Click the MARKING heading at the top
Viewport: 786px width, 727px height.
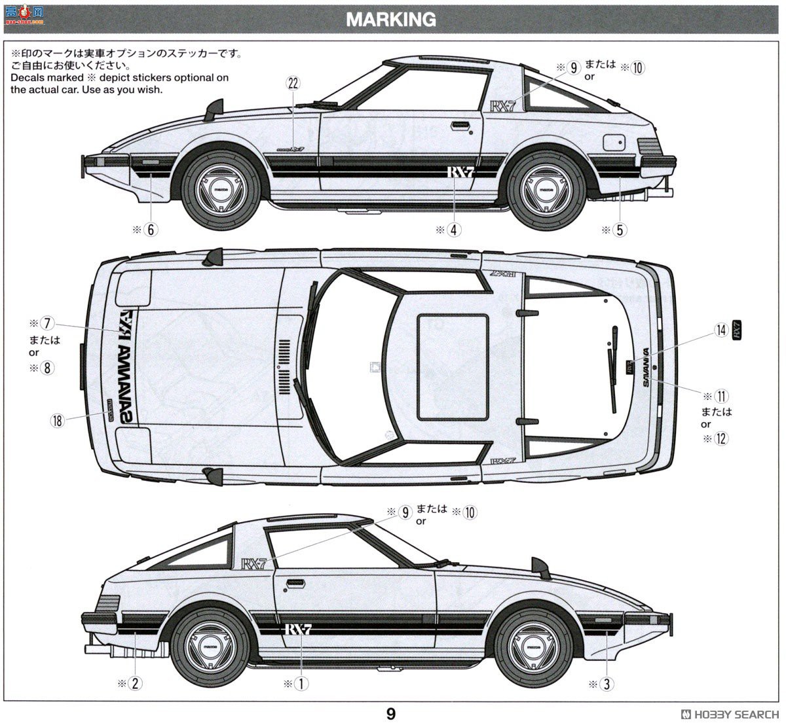point(391,20)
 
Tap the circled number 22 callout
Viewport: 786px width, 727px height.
point(293,83)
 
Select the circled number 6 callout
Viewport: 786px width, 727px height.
point(151,230)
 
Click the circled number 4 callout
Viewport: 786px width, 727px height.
point(454,230)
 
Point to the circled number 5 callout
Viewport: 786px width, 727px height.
point(620,230)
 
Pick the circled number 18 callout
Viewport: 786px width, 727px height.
point(58,420)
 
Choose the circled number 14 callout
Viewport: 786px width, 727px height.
point(721,330)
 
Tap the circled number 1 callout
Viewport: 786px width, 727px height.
point(301,684)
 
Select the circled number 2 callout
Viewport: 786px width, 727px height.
point(135,684)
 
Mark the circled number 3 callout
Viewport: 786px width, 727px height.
point(607,684)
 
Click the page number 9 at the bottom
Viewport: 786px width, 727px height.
point(391,713)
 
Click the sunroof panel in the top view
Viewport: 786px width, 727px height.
point(453,367)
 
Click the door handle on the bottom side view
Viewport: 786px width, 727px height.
point(295,582)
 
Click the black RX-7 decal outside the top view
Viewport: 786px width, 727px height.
point(737,330)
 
